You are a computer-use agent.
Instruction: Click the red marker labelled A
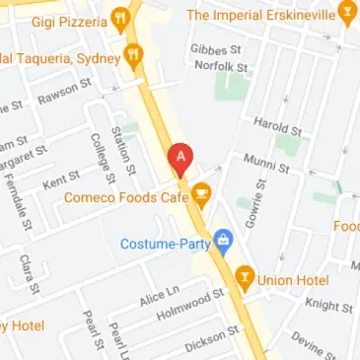click(x=180, y=159)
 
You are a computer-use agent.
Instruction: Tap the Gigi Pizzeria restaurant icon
click(x=119, y=16)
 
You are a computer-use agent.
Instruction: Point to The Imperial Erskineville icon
click(x=345, y=13)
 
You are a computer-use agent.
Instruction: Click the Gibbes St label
click(x=220, y=48)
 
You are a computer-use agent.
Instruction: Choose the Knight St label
click(x=322, y=306)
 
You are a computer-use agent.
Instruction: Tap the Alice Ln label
click(x=157, y=296)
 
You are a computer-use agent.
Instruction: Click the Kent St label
click(x=60, y=182)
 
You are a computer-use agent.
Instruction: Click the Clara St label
click(x=28, y=274)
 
